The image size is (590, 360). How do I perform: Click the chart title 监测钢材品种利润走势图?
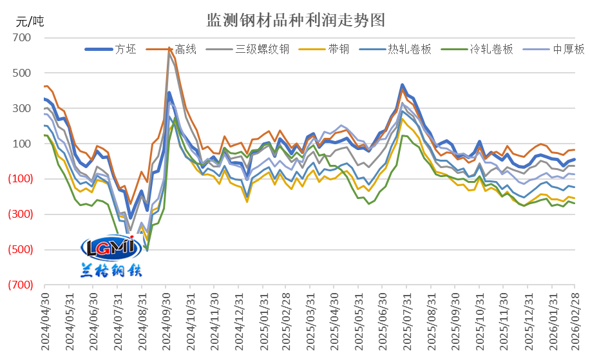(x=296, y=20)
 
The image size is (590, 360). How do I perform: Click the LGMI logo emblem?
(x=111, y=247)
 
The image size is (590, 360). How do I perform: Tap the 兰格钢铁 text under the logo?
(x=111, y=270)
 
